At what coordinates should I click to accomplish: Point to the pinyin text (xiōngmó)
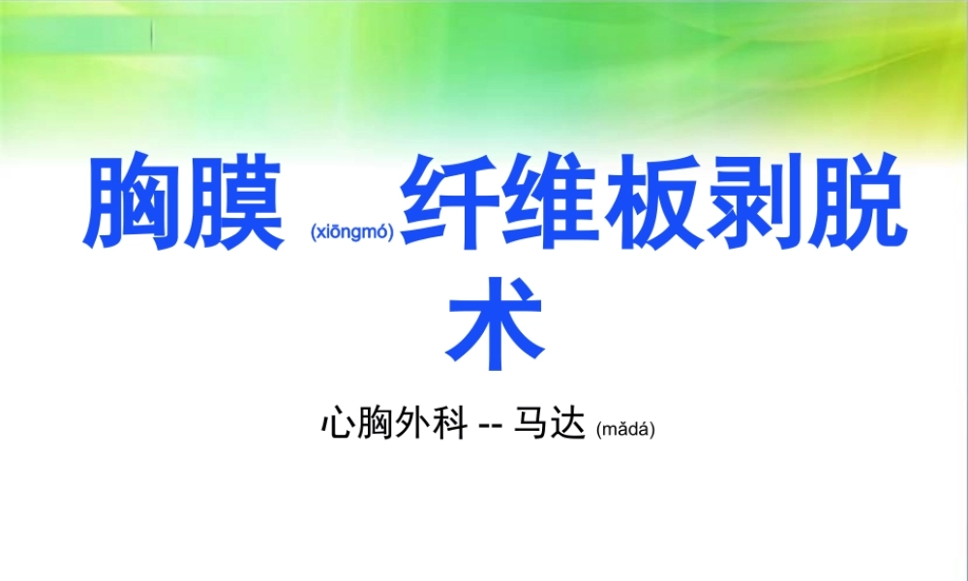click(x=351, y=232)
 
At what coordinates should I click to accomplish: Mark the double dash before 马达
click(x=493, y=426)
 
